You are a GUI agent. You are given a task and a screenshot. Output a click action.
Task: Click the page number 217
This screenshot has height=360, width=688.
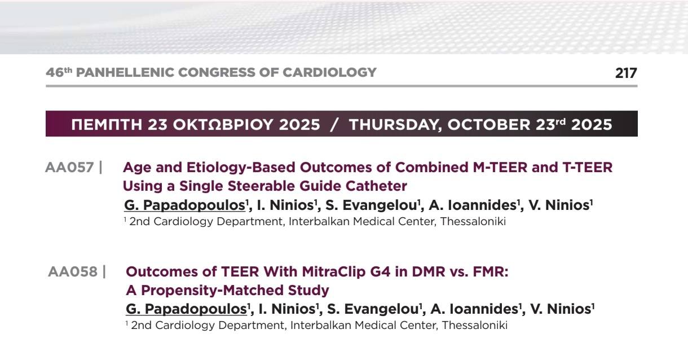pos(626,73)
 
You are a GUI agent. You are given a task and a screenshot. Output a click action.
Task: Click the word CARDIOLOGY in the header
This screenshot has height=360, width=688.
pos(329,73)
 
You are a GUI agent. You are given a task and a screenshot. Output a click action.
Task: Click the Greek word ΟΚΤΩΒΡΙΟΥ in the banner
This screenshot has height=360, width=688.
pos(223,125)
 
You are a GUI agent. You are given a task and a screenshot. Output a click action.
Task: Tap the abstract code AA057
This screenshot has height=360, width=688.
pos(69,168)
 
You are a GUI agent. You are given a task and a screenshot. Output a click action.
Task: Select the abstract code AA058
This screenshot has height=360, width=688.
pos(73,272)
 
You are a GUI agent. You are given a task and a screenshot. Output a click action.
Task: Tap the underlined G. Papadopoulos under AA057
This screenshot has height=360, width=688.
pos(184,205)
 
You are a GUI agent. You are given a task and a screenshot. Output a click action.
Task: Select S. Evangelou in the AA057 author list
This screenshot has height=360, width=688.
pos(371,205)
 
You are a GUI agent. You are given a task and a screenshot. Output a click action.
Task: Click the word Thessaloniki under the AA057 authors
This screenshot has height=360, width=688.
pos(473,221)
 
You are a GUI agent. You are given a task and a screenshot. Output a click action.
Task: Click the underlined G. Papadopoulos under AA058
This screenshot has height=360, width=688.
pos(187,309)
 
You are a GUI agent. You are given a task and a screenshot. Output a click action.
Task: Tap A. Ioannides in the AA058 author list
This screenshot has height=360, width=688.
pos(474,309)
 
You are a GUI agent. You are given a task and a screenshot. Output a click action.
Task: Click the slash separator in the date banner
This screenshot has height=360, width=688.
pos(334,125)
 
